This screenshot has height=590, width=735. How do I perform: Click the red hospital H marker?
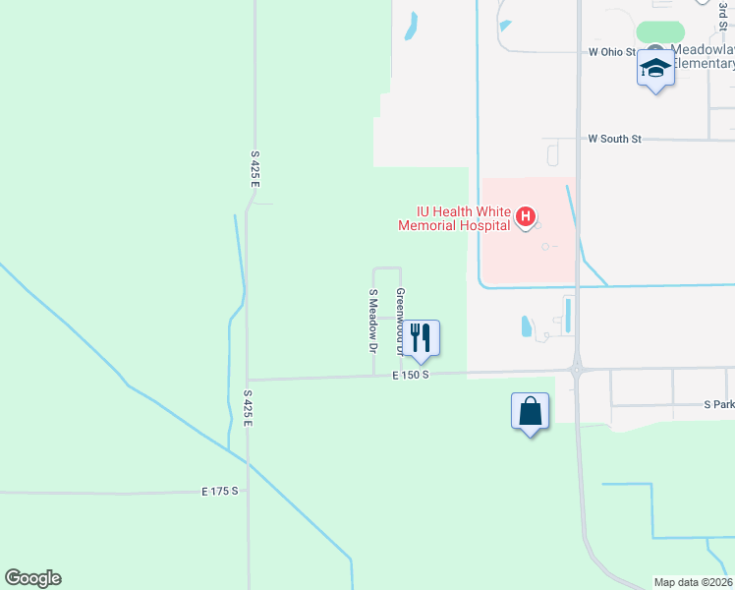tap(526, 216)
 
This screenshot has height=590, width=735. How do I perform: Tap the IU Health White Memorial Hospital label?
tap(454, 218)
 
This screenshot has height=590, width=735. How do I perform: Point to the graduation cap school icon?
tap(655, 67)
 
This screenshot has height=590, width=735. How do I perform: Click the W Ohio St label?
tap(611, 52)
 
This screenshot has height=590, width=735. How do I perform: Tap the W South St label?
tap(614, 140)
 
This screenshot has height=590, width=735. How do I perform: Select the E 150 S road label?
tap(411, 376)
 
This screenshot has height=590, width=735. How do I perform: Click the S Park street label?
tap(718, 404)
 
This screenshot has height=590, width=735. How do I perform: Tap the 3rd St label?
tap(720, 12)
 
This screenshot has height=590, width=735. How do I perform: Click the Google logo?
tap(32, 578)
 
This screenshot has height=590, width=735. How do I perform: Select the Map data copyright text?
tap(693, 582)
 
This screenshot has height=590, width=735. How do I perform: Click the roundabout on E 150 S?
tap(577, 370)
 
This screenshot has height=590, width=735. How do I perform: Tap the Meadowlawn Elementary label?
tap(703, 57)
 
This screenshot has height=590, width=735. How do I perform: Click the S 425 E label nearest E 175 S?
tap(249, 407)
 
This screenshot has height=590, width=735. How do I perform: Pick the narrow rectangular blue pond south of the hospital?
tap(568, 316)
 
